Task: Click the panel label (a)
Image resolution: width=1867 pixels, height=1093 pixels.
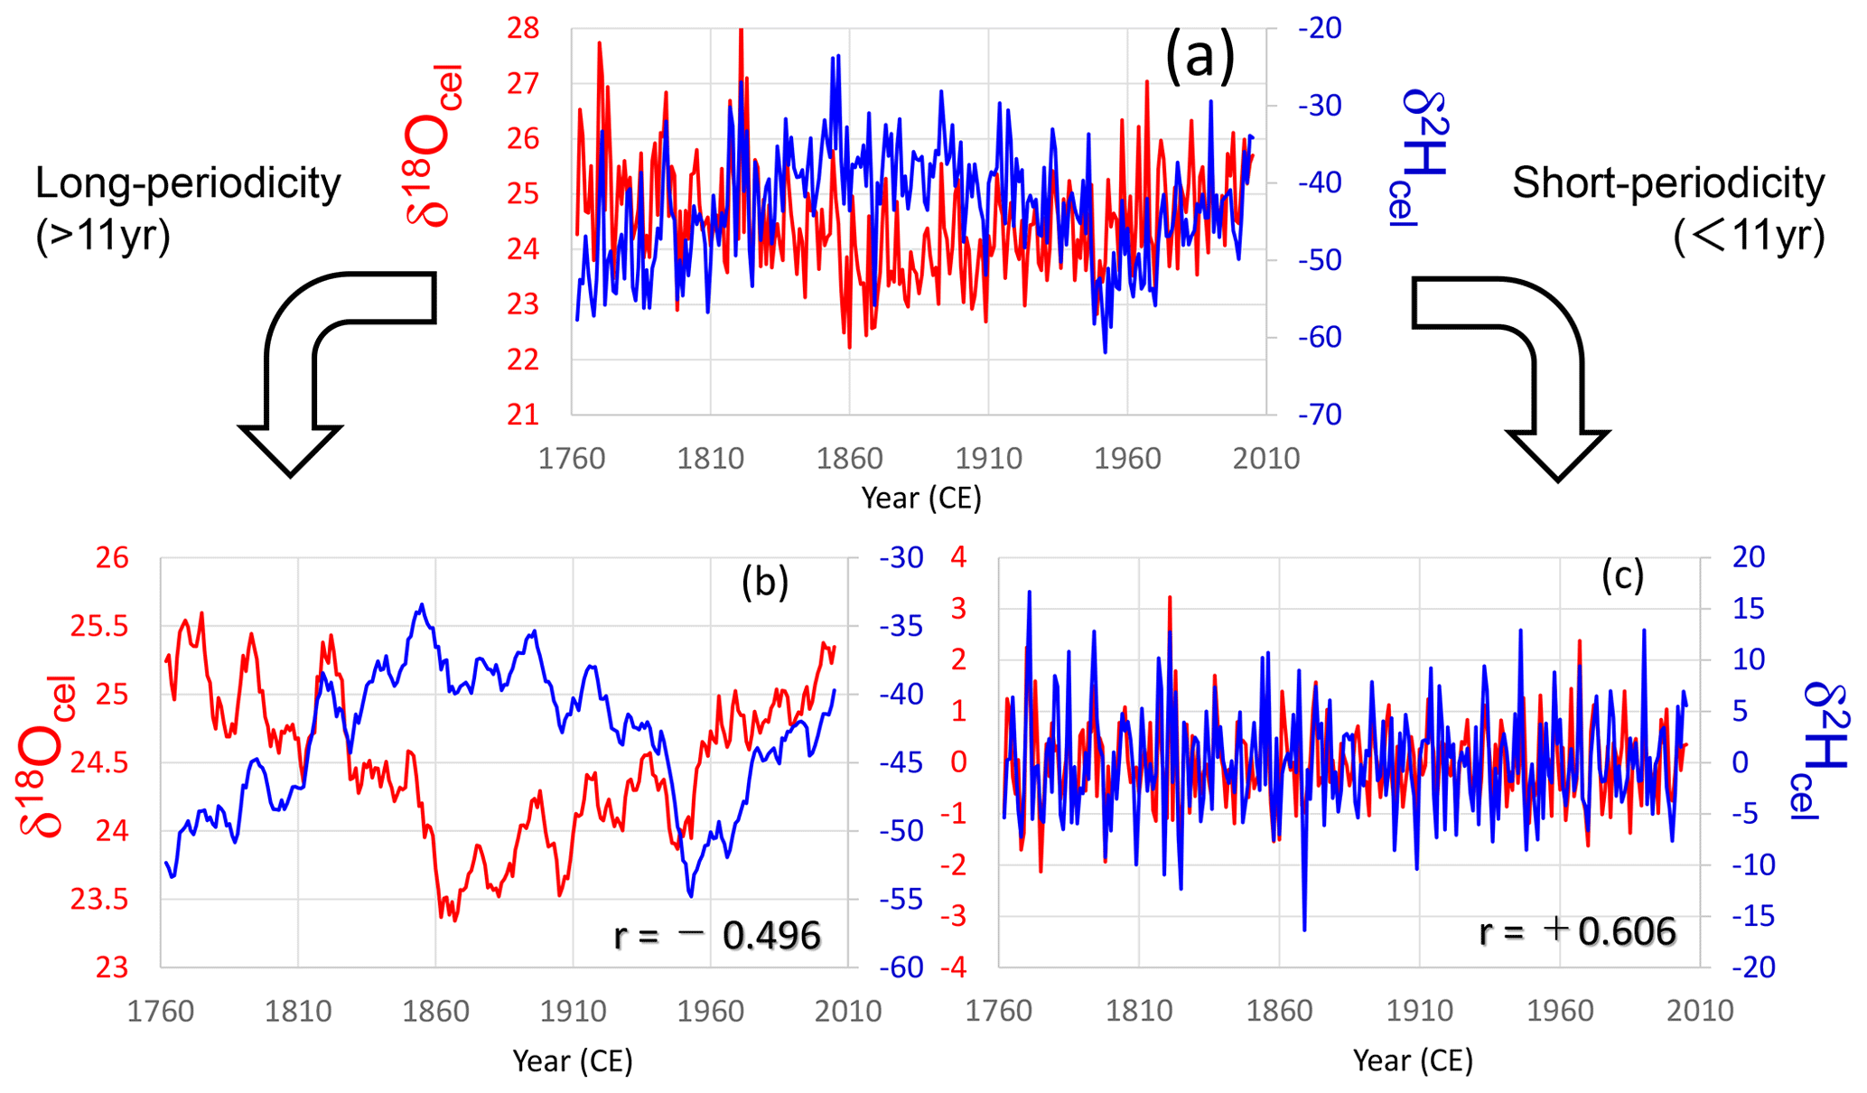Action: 1199,57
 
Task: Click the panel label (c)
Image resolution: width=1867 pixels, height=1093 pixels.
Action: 1622,575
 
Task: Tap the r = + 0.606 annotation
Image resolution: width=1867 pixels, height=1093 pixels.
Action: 1577,931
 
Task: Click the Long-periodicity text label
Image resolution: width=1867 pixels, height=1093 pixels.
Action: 188,183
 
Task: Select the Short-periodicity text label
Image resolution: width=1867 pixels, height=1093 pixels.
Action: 1668,183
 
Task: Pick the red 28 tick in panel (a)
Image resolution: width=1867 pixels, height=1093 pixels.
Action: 523,29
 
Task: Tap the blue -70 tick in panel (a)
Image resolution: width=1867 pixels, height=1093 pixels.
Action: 1320,415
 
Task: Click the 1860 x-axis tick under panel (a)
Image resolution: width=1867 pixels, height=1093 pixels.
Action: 849,459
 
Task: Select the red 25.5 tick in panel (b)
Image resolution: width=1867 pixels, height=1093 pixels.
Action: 99,626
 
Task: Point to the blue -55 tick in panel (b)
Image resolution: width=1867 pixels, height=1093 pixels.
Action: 901,900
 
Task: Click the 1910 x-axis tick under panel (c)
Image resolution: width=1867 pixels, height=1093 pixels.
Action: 1419,1011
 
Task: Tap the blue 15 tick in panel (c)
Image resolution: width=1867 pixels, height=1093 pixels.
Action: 1748,609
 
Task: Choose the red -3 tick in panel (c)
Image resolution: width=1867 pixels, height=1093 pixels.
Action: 957,917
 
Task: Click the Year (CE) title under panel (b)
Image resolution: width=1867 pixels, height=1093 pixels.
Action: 573,1060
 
